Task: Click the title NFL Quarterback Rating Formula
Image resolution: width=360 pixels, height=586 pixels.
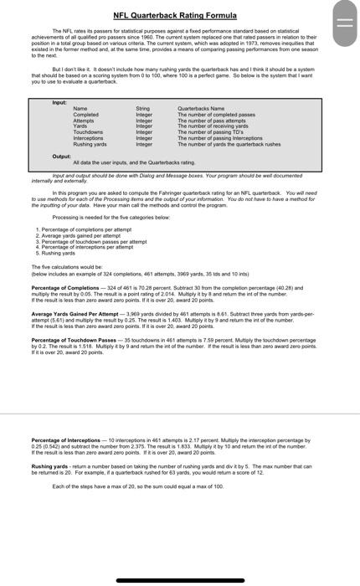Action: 175,15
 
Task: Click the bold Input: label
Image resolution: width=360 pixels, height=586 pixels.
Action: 59,102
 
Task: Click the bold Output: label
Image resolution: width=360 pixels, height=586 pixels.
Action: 61,156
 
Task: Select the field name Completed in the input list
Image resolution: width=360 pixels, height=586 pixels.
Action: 85,115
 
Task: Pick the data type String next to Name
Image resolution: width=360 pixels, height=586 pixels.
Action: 142,109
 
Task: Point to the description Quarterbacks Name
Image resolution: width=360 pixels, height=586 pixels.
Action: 201,109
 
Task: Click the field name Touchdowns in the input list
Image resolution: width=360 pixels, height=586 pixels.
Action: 88,132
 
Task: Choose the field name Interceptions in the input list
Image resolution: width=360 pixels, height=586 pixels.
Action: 89,138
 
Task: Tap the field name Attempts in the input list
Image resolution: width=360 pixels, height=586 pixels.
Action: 85,121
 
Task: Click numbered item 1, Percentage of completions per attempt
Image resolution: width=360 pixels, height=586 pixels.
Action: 84,229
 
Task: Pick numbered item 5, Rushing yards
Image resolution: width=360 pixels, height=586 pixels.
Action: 59,252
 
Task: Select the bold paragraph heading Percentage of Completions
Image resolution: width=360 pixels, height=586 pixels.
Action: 64,287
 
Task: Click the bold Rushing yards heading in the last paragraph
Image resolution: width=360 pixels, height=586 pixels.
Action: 49,466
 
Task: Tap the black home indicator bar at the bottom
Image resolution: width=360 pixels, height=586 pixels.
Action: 180,580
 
